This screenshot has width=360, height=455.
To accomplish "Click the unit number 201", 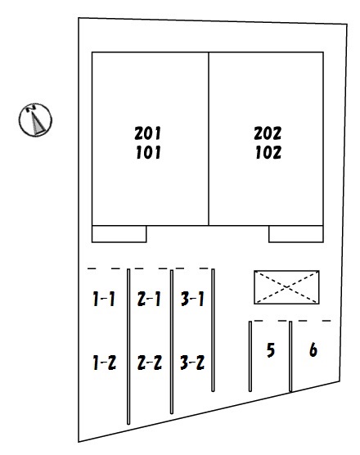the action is tap(147, 133).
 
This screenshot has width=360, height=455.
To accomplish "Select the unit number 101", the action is tap(148, 153).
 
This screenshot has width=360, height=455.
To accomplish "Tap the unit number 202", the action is tap(268, 133).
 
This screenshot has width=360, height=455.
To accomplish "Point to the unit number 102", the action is tap(268, 153).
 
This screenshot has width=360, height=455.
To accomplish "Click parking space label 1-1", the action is tap(104, 299).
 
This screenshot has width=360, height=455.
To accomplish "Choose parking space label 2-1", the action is tap(149, 299).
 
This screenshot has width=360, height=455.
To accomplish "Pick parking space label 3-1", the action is tap(192, 299).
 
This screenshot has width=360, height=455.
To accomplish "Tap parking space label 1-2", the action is tap(104, 363).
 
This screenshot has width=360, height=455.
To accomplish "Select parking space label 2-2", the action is tap(150, 363).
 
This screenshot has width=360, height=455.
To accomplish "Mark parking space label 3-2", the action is tap(192, 363).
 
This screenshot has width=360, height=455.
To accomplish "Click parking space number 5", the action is tap(270, 350).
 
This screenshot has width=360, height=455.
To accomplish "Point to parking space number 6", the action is tap(313, 350).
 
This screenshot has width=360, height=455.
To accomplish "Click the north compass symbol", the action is tap(35, 119).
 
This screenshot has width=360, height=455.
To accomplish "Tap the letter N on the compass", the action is tap(31, 108).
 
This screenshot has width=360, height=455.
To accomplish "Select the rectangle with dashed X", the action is tap(286, 287).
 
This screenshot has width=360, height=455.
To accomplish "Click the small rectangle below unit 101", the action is tap(119, 234).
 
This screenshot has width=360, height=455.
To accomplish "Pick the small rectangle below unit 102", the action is tap(296, 234).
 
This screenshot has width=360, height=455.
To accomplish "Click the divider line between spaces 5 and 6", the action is tap(290, 356).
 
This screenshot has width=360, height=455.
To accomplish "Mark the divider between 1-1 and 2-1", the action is tap(128, 346).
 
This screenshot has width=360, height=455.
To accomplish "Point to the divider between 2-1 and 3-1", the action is tap(172, 342).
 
